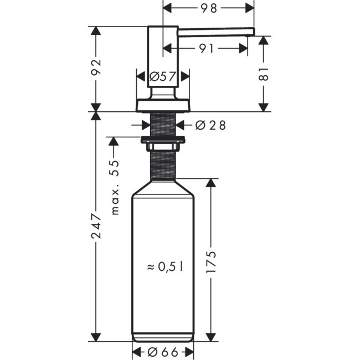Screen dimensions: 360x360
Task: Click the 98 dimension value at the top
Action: pyautogui.click(x=208, y=8)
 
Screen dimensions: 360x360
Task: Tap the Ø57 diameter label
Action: pyautogui.click(x=162, y=77)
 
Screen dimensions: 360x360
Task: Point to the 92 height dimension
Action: pyautogui.click(x=96, y=68)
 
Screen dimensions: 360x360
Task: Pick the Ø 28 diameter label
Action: pyautogui.click(x=210, y=125)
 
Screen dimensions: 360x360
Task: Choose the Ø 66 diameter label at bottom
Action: pyautogui.click(x=162, y=351)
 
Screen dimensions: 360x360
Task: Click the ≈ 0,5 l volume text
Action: pyautogui.click(x=165, y=267)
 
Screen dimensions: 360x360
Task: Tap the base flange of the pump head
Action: pyautogui.click(x=162, y=105)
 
